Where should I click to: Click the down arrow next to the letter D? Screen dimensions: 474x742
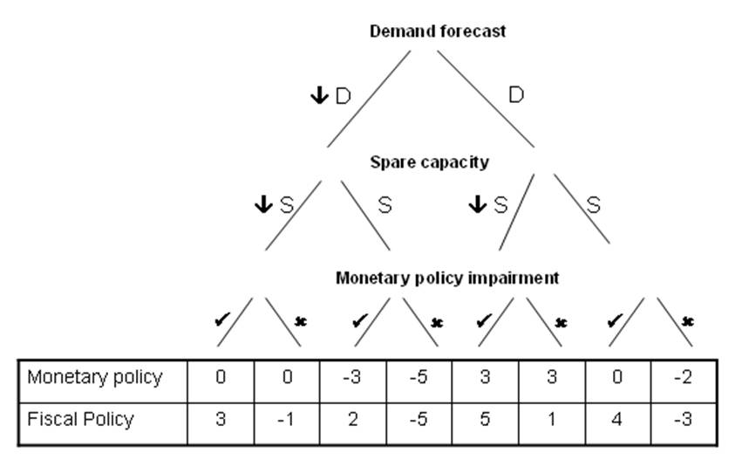[x=319, y=95]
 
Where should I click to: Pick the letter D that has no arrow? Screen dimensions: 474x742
[x=516, y=95]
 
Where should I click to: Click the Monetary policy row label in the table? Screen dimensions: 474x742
[x=95, y=378]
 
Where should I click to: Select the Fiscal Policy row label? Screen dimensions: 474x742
[x=81, y=419]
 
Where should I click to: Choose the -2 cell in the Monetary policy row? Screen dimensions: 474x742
[x=684, y=379]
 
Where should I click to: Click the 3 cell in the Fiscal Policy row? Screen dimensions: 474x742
[x=221, y=420]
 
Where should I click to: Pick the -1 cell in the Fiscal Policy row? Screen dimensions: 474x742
[x=287, y=420]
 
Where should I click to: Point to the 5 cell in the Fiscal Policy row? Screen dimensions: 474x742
[x=486, y=420]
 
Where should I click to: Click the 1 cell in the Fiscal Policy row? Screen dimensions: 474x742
[x=552, y=420]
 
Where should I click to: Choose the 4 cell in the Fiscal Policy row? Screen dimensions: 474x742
[x=618, y=420]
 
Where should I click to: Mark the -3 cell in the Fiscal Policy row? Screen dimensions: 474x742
[x=684, y=420]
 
